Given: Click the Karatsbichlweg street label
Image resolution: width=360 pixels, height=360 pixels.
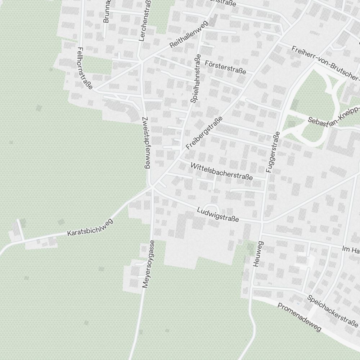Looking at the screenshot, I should click(90, 228).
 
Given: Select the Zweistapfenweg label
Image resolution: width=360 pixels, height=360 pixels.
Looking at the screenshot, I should click(146, 143).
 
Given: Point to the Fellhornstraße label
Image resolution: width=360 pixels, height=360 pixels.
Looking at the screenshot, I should click(85, 68).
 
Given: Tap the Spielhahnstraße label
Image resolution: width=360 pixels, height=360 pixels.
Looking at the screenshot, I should click(196, 79).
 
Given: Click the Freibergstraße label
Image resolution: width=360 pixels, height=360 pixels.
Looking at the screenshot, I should click(204, 134).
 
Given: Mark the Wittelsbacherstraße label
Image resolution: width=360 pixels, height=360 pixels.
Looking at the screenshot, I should click(222, 171).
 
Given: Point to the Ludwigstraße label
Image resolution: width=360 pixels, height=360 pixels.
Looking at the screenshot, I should click(218, 214).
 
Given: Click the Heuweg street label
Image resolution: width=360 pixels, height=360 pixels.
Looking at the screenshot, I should click(258, 254).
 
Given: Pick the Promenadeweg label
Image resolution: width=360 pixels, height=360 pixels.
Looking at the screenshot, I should click(300, 317).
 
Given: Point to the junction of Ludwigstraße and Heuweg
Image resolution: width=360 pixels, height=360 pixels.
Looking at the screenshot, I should click(262, 223).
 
